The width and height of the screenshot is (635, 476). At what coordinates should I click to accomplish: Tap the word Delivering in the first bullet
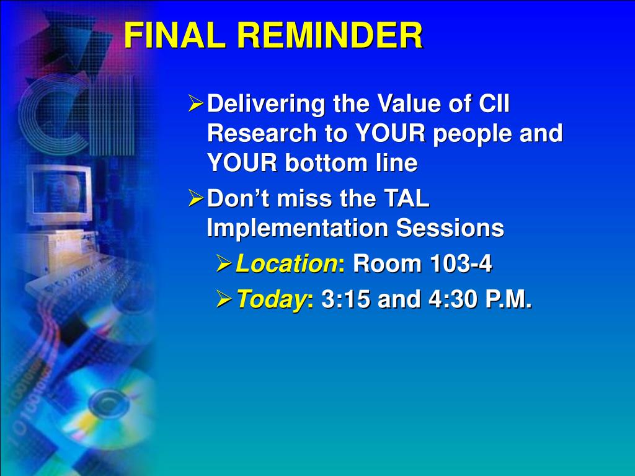[266, 104]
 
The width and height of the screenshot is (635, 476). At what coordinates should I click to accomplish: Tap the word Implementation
[298, 229]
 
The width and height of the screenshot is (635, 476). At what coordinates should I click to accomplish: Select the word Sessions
[450, 228]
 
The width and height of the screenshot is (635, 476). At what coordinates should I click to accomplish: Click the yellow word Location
[286, 263]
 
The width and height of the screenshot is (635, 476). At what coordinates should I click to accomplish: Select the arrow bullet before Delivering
[195, 104]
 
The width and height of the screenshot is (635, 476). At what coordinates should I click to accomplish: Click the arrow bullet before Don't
[195, 198]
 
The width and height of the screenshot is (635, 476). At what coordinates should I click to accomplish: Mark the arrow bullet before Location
[224, 263]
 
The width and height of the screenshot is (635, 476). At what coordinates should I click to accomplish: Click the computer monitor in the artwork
[59, 194]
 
